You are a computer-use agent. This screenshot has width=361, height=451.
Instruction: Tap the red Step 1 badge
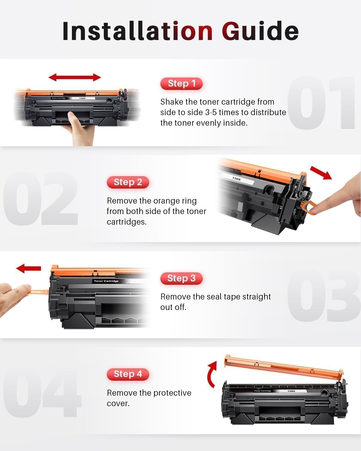(181, 84)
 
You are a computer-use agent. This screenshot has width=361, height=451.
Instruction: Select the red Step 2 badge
(128, 182)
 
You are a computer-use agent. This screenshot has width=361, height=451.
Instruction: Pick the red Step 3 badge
(181, 278)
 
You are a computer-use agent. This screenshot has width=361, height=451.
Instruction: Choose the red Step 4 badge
(128, 374)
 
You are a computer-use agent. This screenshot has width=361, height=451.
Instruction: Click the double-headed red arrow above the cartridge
(75, 77)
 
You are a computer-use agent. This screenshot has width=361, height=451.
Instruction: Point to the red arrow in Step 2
(321, 172)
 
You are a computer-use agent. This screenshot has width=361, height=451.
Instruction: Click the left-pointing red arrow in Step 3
(29, 268)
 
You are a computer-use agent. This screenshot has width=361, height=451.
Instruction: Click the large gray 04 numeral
(42, 394)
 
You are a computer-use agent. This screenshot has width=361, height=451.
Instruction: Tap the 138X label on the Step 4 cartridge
(291, 391)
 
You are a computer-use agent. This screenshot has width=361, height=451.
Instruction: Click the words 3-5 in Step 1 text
(211, 112)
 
